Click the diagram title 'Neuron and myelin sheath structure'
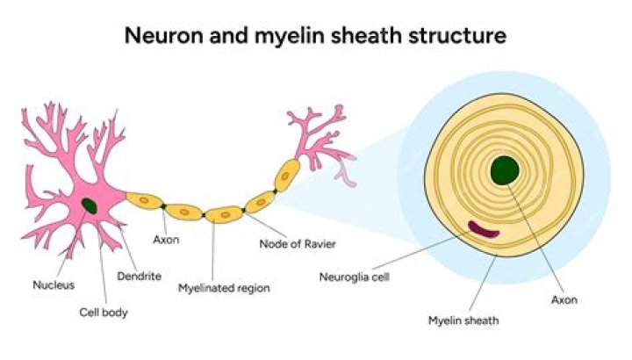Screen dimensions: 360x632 click(x=315, y=36)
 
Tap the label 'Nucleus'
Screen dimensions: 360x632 click(x=54, y=284)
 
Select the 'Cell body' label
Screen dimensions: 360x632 click(x=104, y=311)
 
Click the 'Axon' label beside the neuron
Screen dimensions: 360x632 click(x=166, y=239)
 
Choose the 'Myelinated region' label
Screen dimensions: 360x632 click(x=224, y=287)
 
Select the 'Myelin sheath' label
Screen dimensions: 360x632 click(x=463, y=320)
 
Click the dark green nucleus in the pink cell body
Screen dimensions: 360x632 click(x=90, y=206)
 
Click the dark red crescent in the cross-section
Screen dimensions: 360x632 click(x=483, y=230)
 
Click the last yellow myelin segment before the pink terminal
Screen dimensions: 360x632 click(x=288, y=173)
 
